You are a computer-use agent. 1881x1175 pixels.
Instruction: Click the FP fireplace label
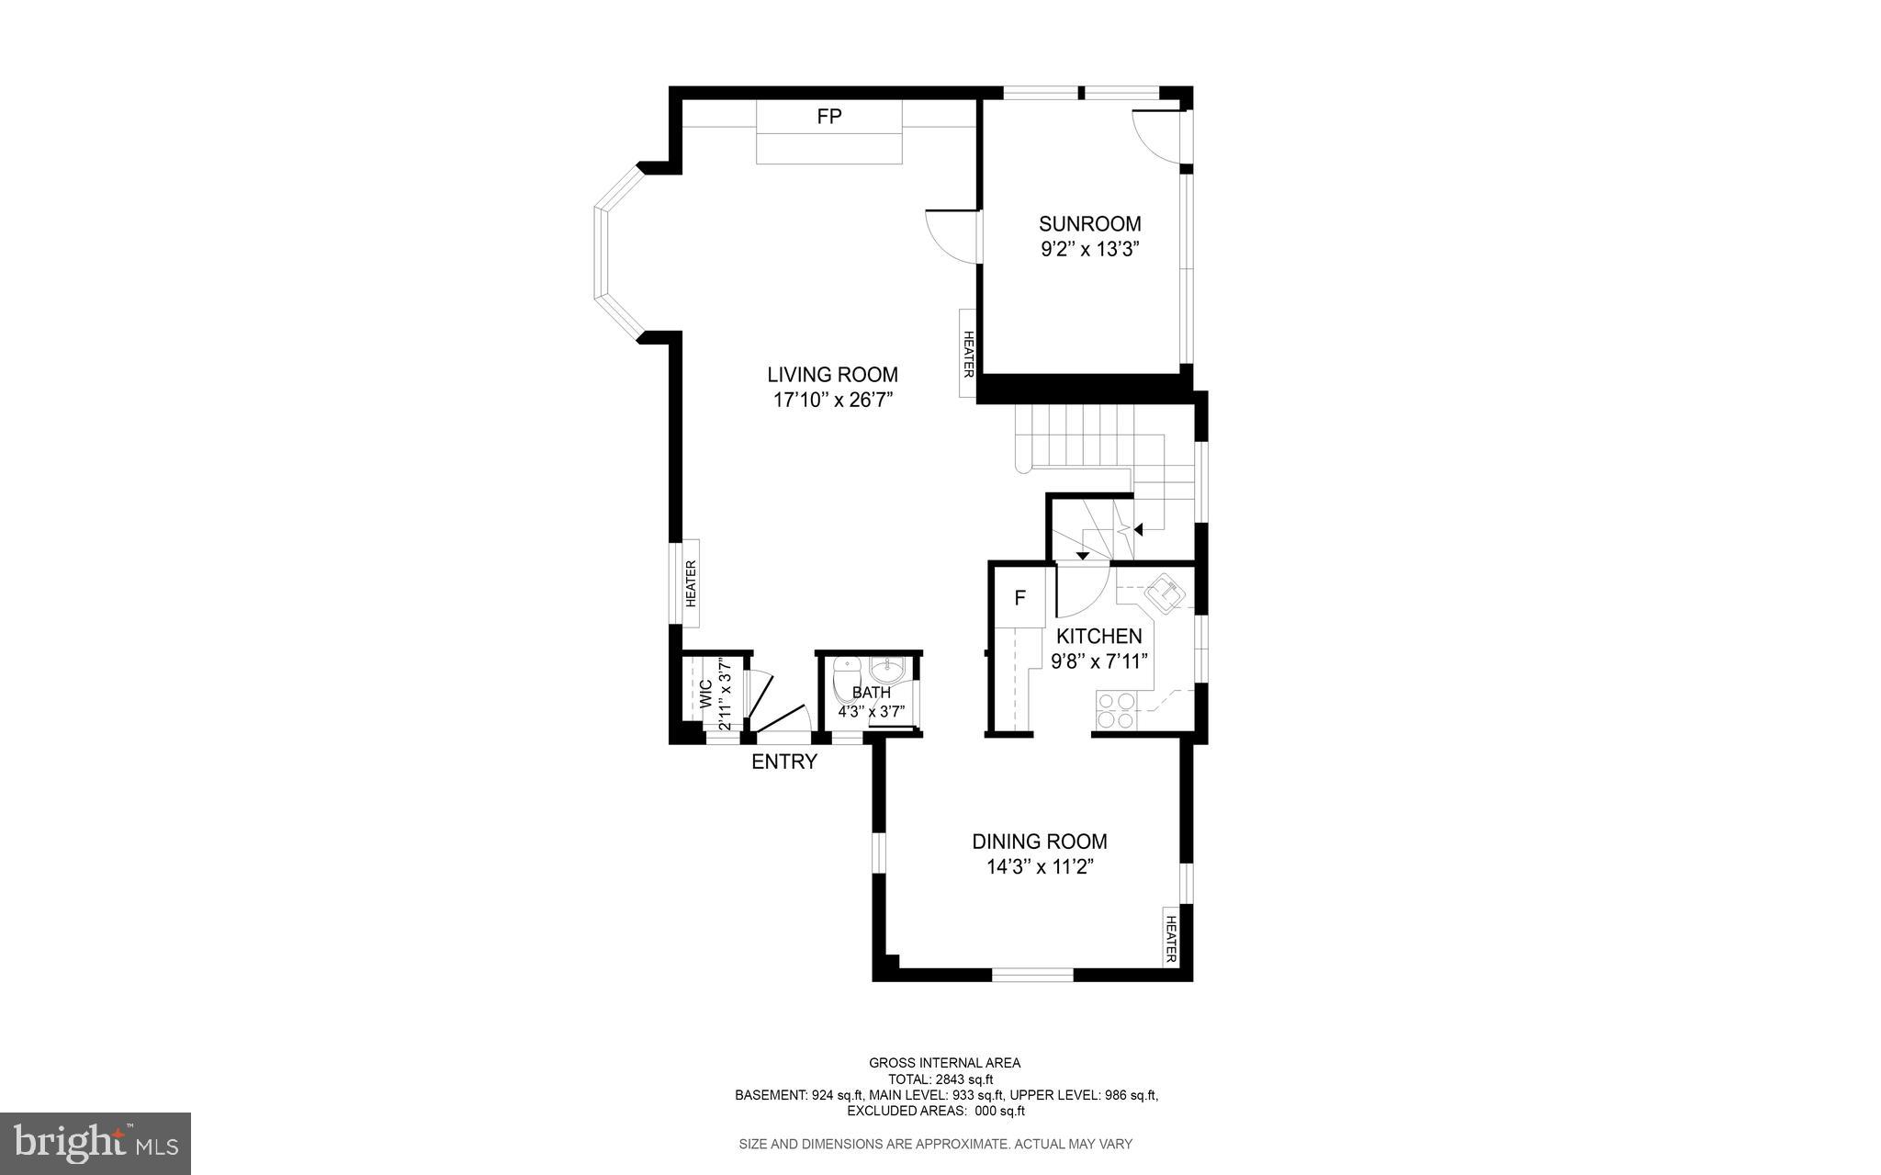tap(829, 117)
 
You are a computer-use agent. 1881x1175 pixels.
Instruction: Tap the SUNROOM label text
tap(1089, 223)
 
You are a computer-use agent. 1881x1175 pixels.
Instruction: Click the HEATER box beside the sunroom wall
tap(968, 354)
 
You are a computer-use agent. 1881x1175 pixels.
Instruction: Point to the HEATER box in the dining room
tap(1171, 936)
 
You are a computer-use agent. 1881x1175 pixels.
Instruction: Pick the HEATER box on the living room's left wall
tap(691, 583)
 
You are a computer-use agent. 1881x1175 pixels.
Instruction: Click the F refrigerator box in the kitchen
tap(1019, 598)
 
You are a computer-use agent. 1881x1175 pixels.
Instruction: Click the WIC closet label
tap(705, 691)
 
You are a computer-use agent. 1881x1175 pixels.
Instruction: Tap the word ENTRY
tap(783, 762)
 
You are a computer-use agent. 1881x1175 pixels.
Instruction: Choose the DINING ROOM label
tap(1039, 842)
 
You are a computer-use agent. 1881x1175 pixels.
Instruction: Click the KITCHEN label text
tap(1098, 636)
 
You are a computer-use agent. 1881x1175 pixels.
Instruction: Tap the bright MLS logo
tap(95, 1143)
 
